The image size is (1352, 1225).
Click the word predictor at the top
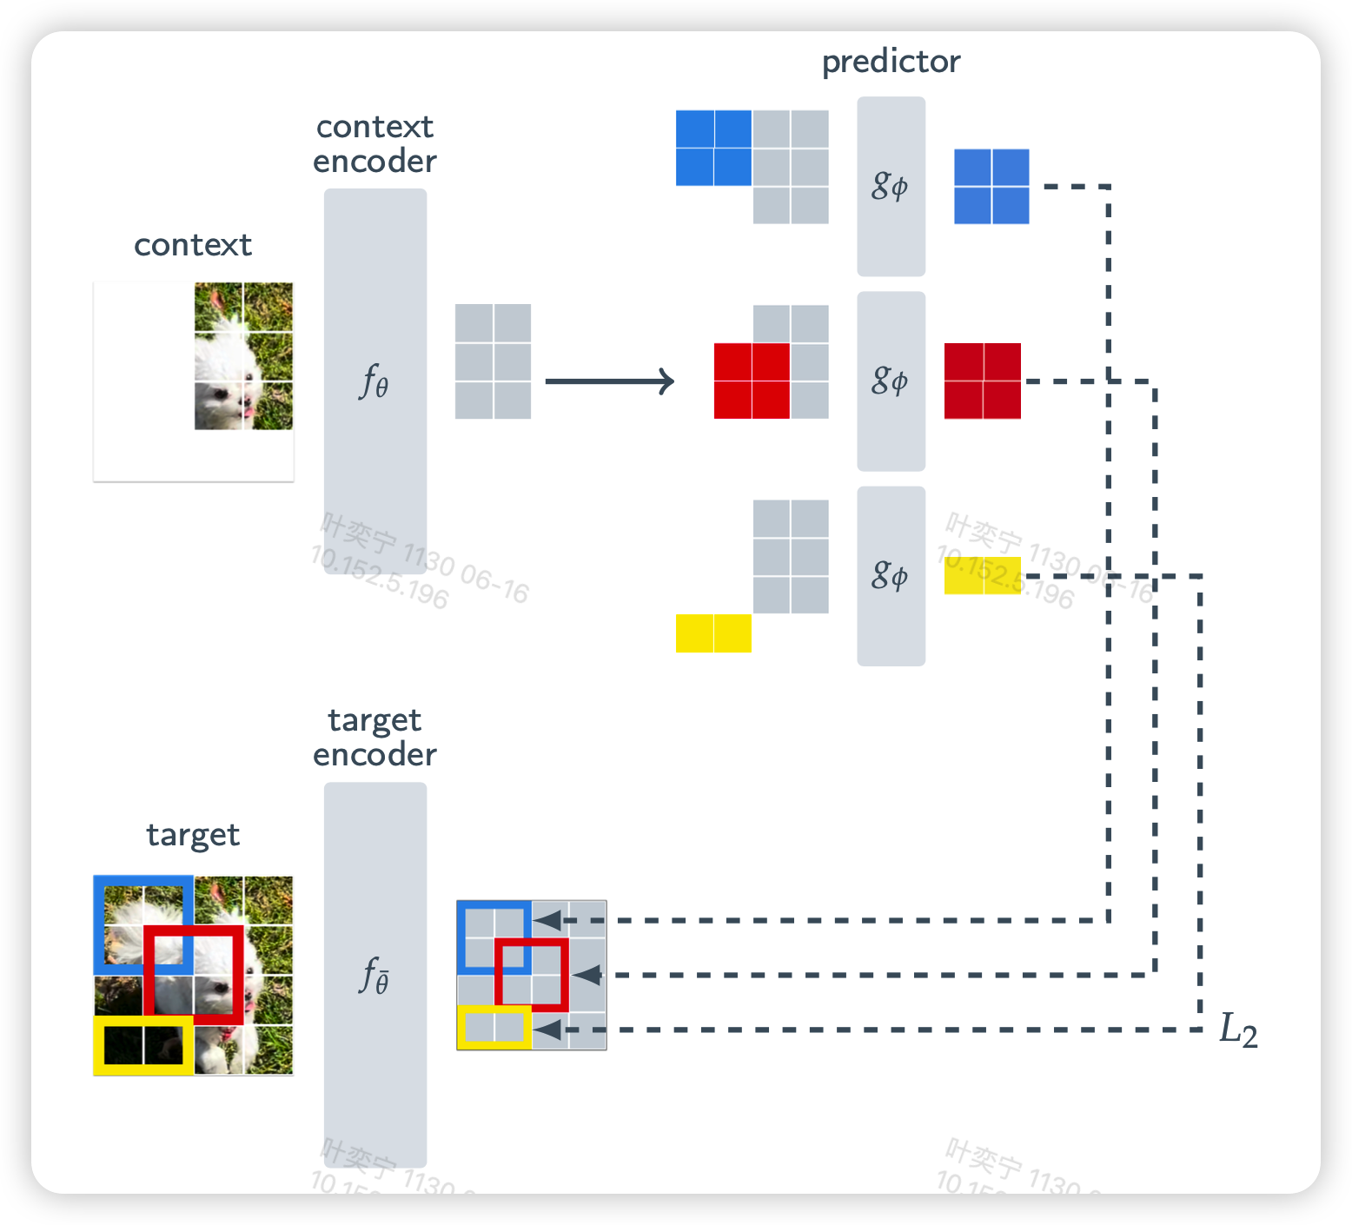(x=891, y=62)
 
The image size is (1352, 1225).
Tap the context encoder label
(x=374, y=144)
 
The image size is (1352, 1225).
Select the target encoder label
(x=374, y=738)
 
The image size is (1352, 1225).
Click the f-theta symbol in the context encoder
(x=374, y=381)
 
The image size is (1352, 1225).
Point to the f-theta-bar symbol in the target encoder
(x=374, y=975)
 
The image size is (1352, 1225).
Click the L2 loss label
(x=1238, y=1030)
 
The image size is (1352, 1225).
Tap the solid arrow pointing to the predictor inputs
(x=609, y=381)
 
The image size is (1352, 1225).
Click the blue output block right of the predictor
(x=991, y=186)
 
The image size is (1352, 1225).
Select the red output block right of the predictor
(x=983, y=381)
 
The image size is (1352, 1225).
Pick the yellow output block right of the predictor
(x=983, y=575)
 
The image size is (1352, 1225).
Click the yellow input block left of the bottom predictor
(x=713, y=633)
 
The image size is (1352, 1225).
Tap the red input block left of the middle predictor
(x=752, y=381)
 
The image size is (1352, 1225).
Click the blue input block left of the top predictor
(x=713, y=148)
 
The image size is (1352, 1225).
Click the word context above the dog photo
(x=193, y=245)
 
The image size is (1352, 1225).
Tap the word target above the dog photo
(x=193, y=835)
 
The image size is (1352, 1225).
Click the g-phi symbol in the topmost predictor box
(x=891, y=186)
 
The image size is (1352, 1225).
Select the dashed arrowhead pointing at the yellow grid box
(x=547, y=1030)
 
